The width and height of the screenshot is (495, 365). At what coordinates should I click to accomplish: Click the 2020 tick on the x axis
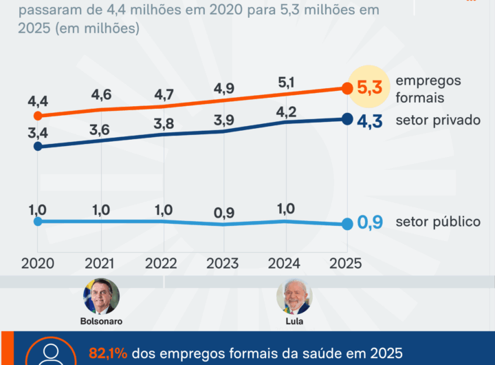click(x=38, y=263)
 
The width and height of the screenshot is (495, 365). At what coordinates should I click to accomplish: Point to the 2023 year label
click(x=223, y=263)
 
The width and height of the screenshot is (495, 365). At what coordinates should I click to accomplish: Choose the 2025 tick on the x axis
click(x=345, y=263)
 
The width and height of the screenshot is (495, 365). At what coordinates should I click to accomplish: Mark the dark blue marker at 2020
click(x=38, y=146)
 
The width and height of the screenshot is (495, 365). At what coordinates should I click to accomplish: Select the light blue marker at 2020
click(x=38, y=221)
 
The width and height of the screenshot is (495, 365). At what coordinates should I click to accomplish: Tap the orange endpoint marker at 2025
click(x=346, y=87)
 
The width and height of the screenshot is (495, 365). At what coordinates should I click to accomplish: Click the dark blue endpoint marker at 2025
click(x=346, y=119)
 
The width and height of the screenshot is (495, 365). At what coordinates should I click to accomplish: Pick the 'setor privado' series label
click(x=438, y=120)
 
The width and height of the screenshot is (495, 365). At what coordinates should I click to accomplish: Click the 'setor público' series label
click(x=438, y=222)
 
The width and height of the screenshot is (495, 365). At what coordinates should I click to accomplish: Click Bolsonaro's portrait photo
click(x=101, y=296)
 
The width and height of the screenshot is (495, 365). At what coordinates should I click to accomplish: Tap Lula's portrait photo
click(x=294, y=296)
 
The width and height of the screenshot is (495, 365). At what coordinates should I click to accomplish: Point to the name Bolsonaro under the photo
click(x=101, y=322)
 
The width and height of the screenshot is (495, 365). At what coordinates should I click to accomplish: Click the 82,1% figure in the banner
click(x=108, y=353)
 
